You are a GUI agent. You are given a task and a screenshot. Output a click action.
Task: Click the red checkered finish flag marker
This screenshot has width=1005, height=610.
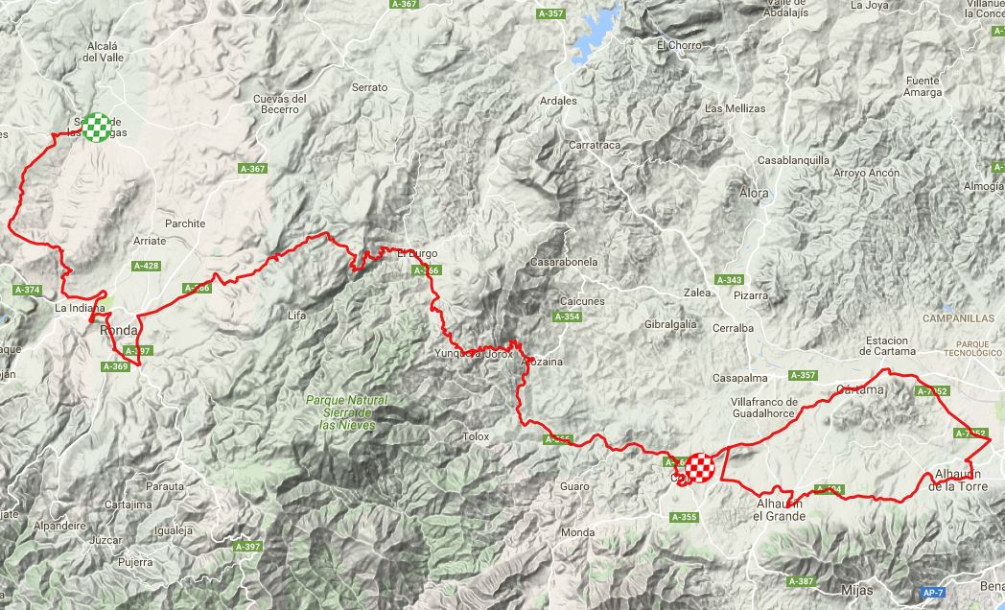(x=700, y=467)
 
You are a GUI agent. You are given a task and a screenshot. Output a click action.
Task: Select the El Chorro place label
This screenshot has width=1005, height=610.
(x=680, y=45)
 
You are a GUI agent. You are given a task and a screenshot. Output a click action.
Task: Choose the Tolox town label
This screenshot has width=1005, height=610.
(x=476, y=436)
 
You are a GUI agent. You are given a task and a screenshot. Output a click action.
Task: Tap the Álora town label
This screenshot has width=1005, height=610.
(x=755, y=193)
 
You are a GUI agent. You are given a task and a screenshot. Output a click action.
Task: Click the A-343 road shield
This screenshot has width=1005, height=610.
(x=729, y=280)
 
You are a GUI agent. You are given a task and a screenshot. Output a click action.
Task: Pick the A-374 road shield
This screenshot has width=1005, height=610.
(x=28, y=290)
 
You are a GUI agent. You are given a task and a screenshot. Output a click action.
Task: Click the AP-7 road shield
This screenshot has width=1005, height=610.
(x=931, y=593)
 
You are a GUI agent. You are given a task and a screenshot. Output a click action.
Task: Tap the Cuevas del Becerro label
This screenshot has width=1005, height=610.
(x=280, y=104)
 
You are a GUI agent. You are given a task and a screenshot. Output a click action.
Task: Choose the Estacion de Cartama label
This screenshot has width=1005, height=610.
(x=886, y=346)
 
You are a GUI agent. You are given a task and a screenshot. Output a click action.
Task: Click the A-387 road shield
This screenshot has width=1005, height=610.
(x=800, y=581)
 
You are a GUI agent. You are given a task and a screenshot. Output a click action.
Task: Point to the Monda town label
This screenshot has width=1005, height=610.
(x=577, y=532)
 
